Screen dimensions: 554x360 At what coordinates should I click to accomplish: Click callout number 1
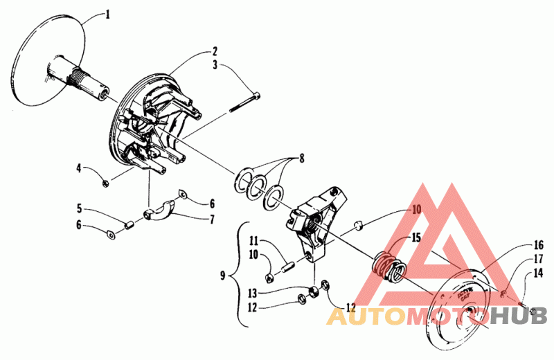(x=107, y=14)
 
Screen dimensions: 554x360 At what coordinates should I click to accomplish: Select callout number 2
(x=215, y=51)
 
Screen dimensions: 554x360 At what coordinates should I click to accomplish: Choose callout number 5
(x=80, y=208)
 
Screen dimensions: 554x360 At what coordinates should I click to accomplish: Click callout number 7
(x=213, y=219)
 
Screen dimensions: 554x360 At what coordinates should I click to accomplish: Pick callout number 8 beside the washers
(x=301, y=159)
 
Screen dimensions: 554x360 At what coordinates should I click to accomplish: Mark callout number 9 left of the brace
(x=222, y=276)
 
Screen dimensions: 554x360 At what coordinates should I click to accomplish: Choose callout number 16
(x=538, y=245)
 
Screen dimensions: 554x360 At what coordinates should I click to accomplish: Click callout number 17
(x=538, y=259)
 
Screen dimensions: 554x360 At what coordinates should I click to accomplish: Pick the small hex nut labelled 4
(x=104, y=183)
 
